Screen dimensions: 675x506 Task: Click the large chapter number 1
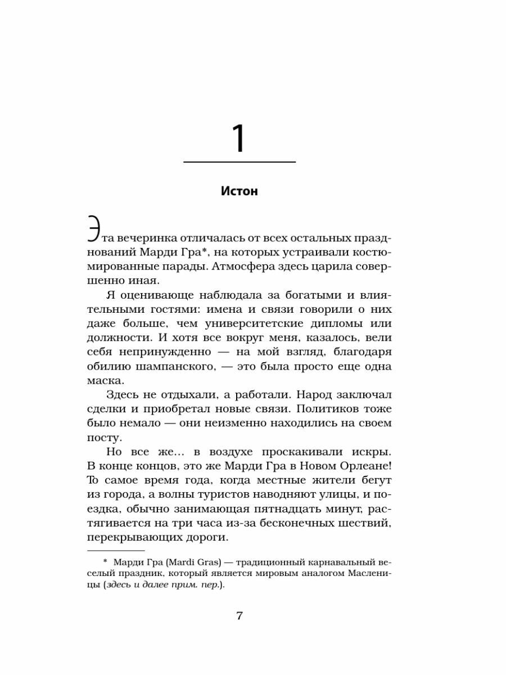click(240, 138)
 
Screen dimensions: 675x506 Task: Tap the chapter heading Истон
click(240, 191)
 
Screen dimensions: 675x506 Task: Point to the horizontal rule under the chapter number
click(240, 162)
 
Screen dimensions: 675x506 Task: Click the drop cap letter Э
click(94, 231)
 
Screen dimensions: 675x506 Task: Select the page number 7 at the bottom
click(239, 615)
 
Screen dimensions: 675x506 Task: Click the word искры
click(368, 452)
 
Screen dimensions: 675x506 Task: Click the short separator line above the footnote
click(115, 550)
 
